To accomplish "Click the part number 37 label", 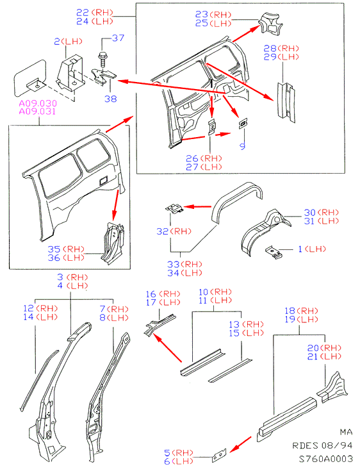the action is click(118, 38).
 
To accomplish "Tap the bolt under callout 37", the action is click(102, 60).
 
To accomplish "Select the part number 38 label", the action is click(110, 99).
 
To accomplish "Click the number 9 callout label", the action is click(243, 145).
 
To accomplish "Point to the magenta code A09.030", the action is click(38, 103).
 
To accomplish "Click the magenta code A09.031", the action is click(38, 112).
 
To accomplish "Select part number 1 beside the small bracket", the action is click(300, 249).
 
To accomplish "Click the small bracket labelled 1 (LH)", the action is click(274, 252).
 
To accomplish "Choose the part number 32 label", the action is click(163, 231).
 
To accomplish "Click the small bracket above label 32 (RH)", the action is click(174, 208).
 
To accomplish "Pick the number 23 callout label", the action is click(202, 14).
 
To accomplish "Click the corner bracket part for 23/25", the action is click(270, 24).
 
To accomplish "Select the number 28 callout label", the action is click(270, 48).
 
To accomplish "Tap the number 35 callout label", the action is click(54, 249).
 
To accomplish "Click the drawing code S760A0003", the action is click(326, 459).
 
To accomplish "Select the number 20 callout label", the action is click(313, 348).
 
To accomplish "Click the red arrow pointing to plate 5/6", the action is click(240, 445).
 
